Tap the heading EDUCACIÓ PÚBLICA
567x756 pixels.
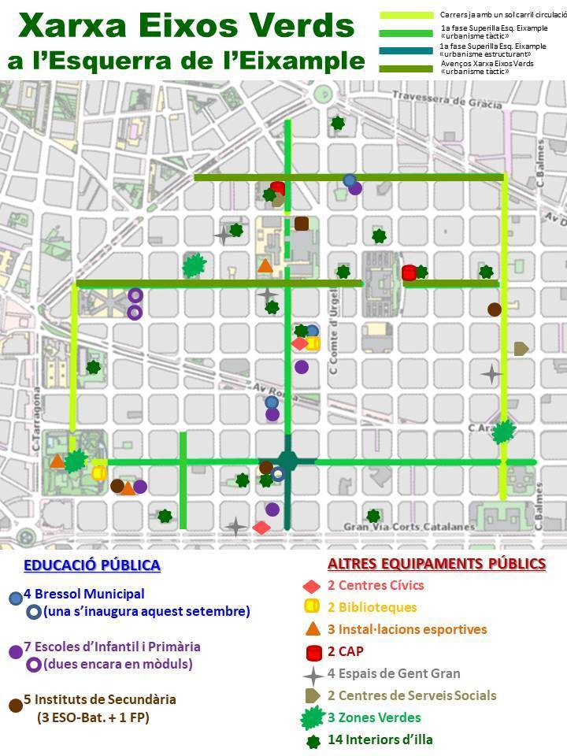pyautogui.click(x=92, y=565)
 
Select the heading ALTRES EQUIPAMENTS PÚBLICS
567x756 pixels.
pyautogui.click(x=436, y=564)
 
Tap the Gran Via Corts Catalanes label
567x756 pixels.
pyautogui.click(x=409, y=527)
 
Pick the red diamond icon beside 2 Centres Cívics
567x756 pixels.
pyautogui.click(x=312, y=586)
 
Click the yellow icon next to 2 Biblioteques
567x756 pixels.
pyautogui.click(x=312, y=606)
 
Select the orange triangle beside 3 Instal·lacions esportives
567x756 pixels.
pyautogui.click(x=312, y=628)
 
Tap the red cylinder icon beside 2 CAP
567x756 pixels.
pyautogui.click(x=313, y=651)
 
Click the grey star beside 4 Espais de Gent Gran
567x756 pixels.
pyautogui.click(x=313, y=674)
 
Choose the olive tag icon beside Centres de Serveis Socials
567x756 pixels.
pyautogui.click(x=313, y=695)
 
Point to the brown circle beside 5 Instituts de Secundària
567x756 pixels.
pyautogui.click(x=15, y=706)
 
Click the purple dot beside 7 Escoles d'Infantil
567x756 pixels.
pyautogui.click(x=15, y=652)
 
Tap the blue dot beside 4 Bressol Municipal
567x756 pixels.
pyautogui.click(x=15, y=598)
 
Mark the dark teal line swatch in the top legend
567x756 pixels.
pyautogui.click(x=406, y=50)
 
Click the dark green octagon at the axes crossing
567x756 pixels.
pyautogui.click(x=287, y=461)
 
